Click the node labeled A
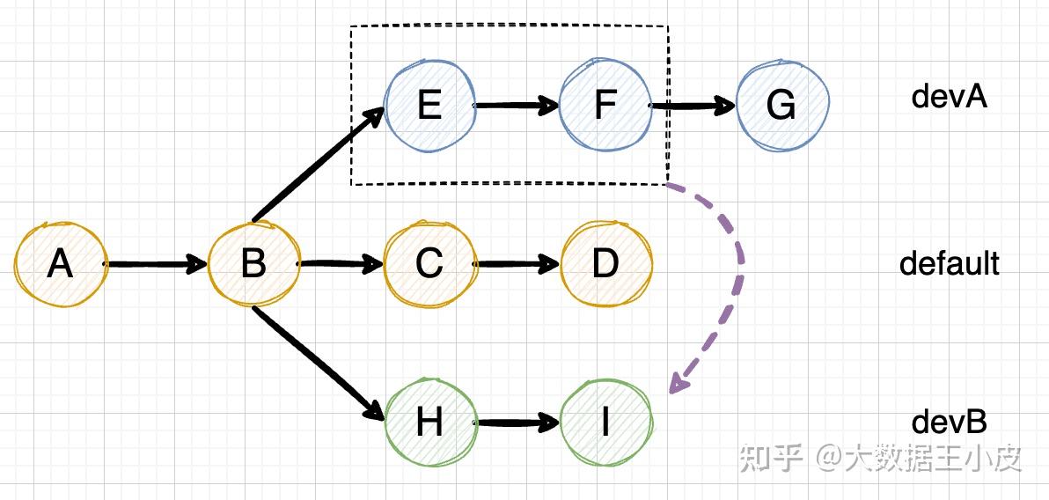click(x=60, y=264)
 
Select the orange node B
click(x=253, y=264)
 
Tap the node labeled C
click(x=429, y=264)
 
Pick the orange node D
click(x=605, y=264)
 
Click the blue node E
click(x=429, y=106)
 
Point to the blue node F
click(x=605, y=106)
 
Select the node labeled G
click(x=781, y=106)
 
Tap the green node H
click(x=429, y=423)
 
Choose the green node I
click(x=605, y=423)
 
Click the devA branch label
click(x=949, y=97)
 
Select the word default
click(x=949, y=263)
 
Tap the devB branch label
click(x=949, y=423)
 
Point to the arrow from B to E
click(x=317, y=165)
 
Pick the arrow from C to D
click(x=517, y=264)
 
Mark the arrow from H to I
click(x=517, y=423)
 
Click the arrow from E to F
click(x=517, y=106)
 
